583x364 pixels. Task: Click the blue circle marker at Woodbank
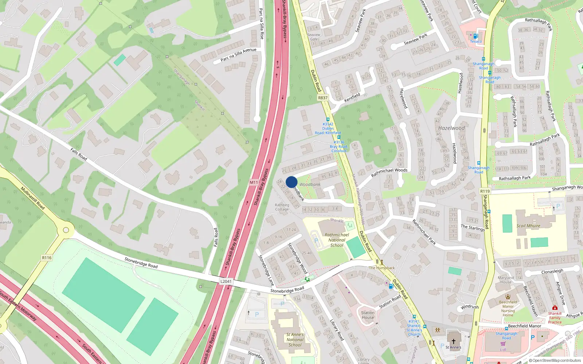291,182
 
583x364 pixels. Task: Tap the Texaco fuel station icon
476,36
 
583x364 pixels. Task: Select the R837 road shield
323,98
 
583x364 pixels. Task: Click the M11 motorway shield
254,182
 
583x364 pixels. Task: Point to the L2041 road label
226,281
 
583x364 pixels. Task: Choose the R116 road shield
47,258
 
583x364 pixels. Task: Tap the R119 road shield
485,191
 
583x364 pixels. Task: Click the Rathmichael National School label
337,240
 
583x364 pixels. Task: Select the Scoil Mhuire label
528,226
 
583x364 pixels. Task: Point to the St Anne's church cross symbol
454,341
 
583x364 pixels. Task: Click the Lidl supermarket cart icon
503,344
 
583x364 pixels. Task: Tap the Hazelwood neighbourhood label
451,128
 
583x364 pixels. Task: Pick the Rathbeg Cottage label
282,207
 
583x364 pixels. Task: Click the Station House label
368,315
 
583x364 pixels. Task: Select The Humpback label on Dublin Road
382,268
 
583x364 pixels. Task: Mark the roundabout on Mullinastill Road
66,230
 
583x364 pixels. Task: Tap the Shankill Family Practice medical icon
555,308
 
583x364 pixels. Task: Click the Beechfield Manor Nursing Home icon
508,297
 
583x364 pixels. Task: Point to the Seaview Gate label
314,37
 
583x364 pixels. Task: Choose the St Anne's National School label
295,340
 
